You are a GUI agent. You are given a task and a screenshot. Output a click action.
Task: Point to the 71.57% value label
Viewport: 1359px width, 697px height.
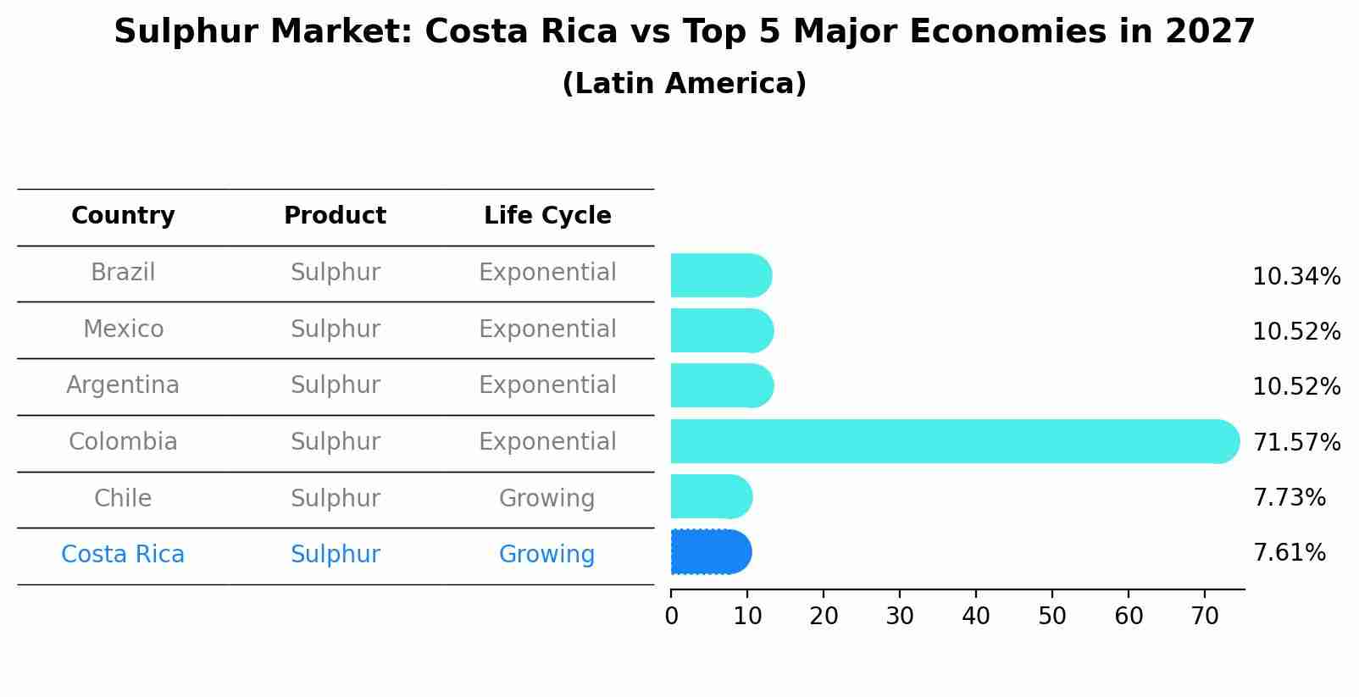[1296, 442]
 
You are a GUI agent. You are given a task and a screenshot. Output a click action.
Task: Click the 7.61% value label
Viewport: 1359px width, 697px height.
[1289, 553]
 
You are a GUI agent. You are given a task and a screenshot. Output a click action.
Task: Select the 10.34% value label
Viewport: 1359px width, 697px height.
[1296, 277]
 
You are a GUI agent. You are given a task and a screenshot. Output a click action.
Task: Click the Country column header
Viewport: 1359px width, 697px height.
[123, 216]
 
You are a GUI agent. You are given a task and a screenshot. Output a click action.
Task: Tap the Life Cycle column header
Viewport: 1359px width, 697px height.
[547, 216]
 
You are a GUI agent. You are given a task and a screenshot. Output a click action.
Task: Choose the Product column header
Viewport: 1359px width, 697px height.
[335, 216]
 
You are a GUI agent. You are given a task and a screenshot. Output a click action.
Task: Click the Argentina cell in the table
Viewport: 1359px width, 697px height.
[123, 385]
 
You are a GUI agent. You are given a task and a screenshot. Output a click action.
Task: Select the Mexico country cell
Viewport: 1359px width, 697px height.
[123, 329]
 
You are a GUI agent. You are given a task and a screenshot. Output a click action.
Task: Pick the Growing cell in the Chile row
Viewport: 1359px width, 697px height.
[546, 498]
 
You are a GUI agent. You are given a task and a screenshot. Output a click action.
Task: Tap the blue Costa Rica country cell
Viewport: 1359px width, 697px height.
[123, 555]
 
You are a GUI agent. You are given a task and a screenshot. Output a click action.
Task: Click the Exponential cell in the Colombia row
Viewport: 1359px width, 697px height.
[547, 441]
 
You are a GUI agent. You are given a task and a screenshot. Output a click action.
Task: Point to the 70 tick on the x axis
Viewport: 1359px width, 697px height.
[1205, 616]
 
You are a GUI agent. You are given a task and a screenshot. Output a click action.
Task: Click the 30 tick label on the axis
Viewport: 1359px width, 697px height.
[900, 616]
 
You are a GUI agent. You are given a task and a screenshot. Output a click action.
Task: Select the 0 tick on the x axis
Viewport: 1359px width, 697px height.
[672, 616]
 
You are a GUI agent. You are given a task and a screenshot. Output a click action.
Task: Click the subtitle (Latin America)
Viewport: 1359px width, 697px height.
[684, 84]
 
